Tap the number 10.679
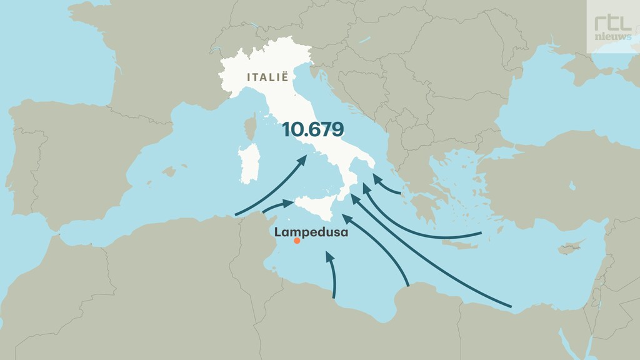pyautogui.click(x=312, y=129)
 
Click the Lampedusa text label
pyautogui.click(x=311, y=232)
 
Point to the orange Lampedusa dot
pyautogui.click(x=297, y=241)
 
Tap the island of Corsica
pyautogui.click(x=251, y=126)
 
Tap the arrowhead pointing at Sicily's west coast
pyautogui.click(x=288, y=203)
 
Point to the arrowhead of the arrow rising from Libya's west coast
pyautogui.click(x=329, y=256)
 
